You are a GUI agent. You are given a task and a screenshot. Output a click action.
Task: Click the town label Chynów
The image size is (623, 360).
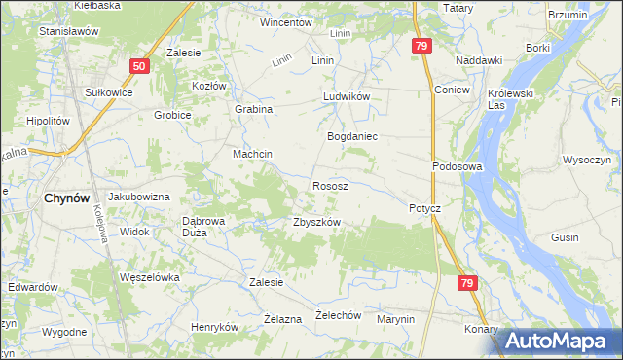coord(67,198)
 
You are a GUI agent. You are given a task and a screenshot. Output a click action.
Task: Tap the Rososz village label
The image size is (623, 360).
coord(331,185)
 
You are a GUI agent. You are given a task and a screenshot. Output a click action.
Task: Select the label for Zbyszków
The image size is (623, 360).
coord(316,222)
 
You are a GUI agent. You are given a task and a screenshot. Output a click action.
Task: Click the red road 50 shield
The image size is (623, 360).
coord(139,66)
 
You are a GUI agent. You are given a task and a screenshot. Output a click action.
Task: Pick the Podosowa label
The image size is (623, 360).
coord(458,166)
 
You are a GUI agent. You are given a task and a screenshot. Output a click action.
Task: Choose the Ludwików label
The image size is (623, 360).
coord(347,98)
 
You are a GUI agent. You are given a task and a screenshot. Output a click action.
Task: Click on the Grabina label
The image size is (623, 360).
coord(253,110)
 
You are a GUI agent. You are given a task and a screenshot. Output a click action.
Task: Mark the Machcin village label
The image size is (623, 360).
coord(251,155)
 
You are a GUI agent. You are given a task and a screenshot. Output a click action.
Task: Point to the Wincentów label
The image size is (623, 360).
coord(285,21)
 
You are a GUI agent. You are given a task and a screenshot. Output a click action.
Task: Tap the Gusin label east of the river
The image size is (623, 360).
coord(592,237)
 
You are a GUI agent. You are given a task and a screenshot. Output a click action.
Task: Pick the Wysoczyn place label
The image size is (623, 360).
coord(587,159)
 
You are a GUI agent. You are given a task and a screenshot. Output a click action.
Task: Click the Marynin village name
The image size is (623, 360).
coord(396,319)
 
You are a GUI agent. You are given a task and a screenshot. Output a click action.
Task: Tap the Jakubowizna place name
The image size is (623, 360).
coord(139,197)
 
